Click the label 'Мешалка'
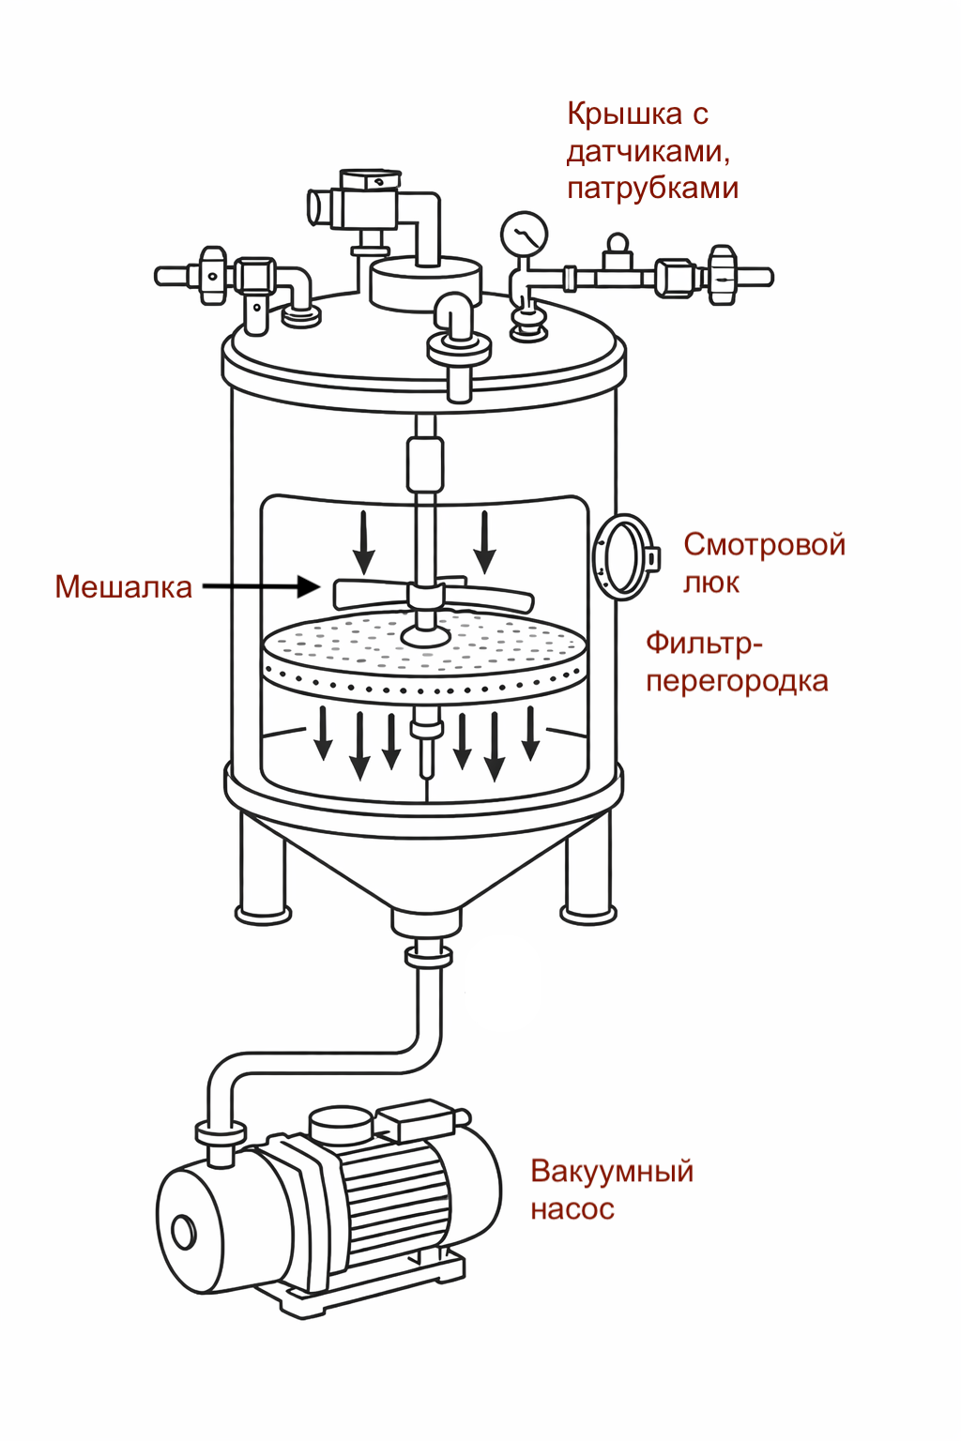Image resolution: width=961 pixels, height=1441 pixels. click(x=123, y=587)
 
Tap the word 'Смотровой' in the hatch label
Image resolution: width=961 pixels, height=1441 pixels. click(x=764, y=544)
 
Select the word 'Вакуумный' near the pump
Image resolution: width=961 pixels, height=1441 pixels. click(x=612, y=1171)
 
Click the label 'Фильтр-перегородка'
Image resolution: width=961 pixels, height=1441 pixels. click(x=736, y=662)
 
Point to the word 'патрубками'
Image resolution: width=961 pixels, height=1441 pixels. click(x=652, y=188)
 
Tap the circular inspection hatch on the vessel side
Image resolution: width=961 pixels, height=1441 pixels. click(x=622, y=557)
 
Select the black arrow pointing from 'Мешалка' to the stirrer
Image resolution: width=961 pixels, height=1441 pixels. click(x=262, y=587)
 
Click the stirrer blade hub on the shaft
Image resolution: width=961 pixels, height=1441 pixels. click(x=425, y=597)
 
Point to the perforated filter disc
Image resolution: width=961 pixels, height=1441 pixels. click(x=424, y=652)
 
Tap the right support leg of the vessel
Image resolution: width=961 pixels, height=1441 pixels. click(x=588, y=872)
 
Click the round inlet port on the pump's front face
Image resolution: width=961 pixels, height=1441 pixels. click(x=183, y=1231)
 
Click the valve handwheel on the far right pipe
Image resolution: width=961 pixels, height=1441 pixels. click(x=723, y=276)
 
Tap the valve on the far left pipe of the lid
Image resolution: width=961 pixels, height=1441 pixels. click(x=213, y=276)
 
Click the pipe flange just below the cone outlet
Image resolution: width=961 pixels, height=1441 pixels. click(x=428, y=956)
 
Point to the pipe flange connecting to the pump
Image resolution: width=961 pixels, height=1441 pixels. click(x=221, y=1133)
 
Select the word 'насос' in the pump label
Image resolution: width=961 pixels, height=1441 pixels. click(x=572, y=1209)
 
